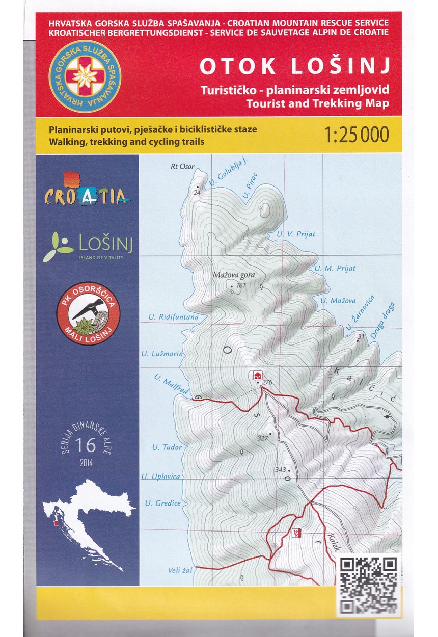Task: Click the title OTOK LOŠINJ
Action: point(294,67)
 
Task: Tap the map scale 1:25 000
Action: point(356,135)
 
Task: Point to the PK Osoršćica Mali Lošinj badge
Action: point(88,313)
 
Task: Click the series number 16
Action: point(85,445)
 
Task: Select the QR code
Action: point(369,584)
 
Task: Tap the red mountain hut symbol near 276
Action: point(258,376)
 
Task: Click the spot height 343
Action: point(280,469)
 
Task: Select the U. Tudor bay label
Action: point(167,447)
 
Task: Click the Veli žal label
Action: point(180,570)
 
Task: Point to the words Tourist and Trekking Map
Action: point(317,103)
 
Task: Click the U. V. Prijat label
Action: point(296,234)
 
